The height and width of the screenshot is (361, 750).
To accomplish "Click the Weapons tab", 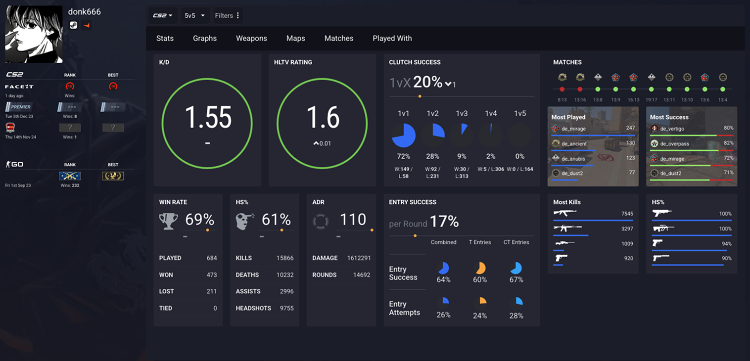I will coord(251,38).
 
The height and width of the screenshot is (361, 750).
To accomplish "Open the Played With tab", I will coord(392,38).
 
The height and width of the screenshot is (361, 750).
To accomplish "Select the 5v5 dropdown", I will coord(194,15).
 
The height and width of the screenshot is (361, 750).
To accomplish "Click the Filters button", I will coord(227,15).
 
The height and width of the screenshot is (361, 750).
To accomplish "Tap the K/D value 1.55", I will coord(208,118).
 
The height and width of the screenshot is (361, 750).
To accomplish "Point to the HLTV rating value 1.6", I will coord(323,118).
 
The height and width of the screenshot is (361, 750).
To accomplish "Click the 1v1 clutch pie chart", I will coord(404,135).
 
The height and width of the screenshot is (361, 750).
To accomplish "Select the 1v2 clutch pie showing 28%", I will coord(432,135).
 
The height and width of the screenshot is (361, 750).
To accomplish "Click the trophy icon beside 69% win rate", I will coord(168,221).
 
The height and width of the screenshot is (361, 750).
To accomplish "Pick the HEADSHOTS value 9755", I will coord(286,308).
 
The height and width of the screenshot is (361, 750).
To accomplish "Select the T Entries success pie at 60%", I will coord(480,268).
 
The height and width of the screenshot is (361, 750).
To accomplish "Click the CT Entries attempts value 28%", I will coord(516,316).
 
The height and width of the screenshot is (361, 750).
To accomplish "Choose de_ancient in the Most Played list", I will coord(574,143).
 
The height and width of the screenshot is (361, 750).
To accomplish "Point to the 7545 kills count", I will coord(627,214).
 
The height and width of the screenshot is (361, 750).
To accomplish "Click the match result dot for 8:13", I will coord(562,90).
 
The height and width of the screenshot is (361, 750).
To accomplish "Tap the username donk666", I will coord(84,11).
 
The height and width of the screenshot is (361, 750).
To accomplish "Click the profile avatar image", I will coord(34,34).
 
